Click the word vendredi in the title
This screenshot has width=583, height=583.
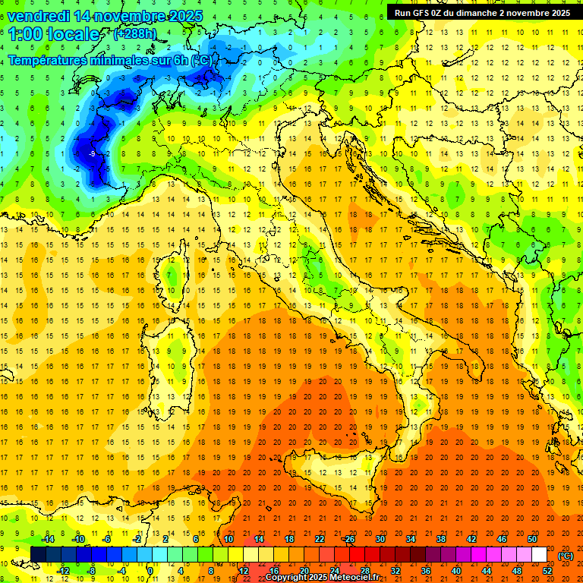[x=39, y=15]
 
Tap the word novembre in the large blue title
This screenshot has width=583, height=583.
[x=130, y=15]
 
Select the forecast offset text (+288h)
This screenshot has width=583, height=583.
[x=134, y=34]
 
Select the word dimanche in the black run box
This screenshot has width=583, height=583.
[x=497, y=12]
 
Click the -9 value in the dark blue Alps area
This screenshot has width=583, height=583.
[x=90, y=154]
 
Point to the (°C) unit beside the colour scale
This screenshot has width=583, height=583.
[x=566, y=556]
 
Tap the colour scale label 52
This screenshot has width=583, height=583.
[x=547, y=571]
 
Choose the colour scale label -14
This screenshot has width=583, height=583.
[x=49, y=539]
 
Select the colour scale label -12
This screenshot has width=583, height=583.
[x=64, y=571]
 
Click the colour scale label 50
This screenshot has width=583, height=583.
[x=532, y=539]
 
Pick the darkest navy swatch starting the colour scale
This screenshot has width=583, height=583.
[x=38, y=555]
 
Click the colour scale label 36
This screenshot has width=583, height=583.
[x=425, y=571]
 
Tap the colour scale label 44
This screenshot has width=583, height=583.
[x=487, y=571]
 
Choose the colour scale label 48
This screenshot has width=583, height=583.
[x=517, y=571]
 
